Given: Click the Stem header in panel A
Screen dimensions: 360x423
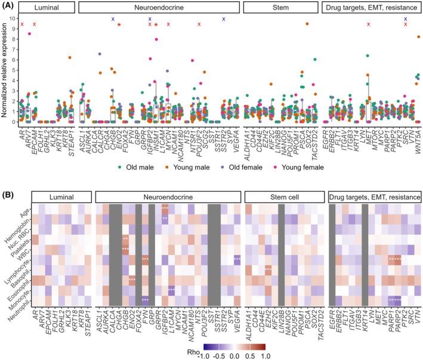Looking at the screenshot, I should pos(279,8).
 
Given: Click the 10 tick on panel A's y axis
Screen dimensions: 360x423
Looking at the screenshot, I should pos(14,18).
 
